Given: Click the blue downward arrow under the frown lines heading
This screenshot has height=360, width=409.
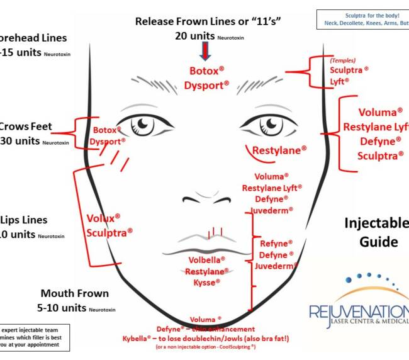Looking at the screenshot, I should tap(204, 51).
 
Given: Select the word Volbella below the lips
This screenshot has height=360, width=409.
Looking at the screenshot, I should tap(206, 260).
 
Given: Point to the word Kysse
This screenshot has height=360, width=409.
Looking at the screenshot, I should tap(206, 283).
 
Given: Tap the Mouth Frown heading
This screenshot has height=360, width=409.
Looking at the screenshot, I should tap(74, 293).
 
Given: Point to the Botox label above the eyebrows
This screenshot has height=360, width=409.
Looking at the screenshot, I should tap(206, 70).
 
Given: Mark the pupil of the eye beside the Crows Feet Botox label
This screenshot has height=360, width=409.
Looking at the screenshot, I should tap(145, 123).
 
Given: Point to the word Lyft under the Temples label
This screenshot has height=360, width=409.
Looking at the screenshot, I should tap(339, 81).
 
